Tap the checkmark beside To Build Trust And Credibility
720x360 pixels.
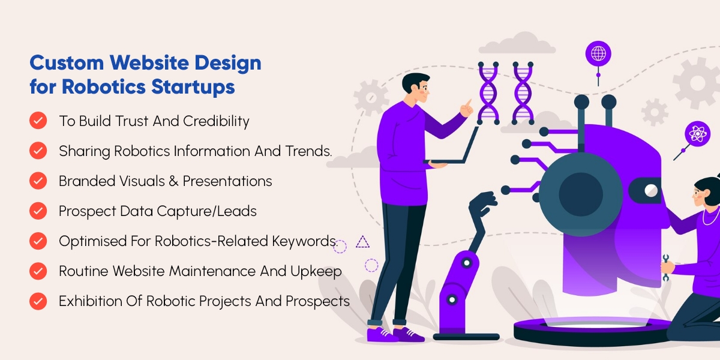(38, 121)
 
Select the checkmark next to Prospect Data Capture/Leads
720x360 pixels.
(38, 211)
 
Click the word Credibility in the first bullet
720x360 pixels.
(216, 121)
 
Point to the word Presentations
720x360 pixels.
(227, 181)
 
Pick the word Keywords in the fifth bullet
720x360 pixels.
(305, 241)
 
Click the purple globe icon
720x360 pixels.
(598, 53)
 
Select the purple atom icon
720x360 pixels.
(697, 134)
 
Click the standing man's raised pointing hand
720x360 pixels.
(467, 108)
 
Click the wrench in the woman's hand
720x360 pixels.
(665, 268)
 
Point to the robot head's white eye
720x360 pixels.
(651, 190)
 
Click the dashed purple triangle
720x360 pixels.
(362, 242)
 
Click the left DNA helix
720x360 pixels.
(488, 93)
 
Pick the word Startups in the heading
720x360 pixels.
(193, 87)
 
